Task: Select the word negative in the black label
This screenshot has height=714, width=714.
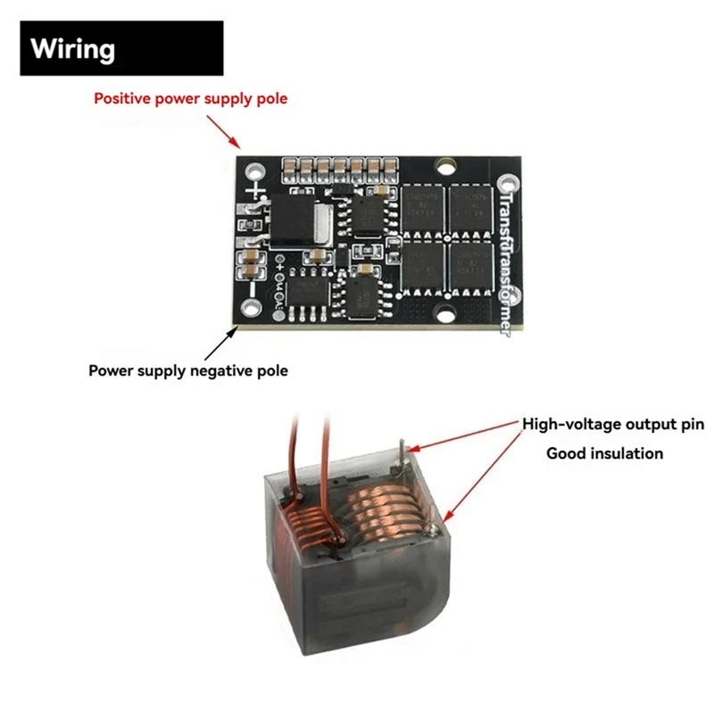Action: (x=225, y=370)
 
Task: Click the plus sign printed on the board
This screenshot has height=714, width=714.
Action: (x=257, y=190)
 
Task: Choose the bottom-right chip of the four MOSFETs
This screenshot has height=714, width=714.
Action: (x=471, y=263)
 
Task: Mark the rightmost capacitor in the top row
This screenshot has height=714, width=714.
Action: (x=390, y=165)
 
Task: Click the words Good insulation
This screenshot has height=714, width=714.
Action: (x=604, y=453)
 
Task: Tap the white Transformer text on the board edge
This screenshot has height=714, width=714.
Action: (x=505, y=259)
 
